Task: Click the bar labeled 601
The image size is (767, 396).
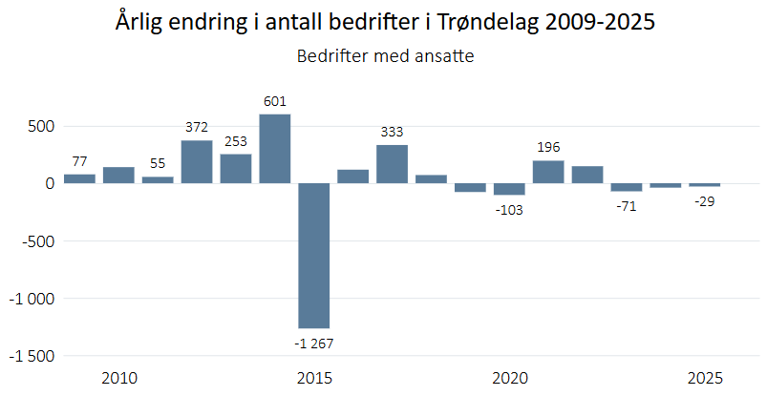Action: pos(274,149)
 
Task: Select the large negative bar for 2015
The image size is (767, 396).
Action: pos(313,256)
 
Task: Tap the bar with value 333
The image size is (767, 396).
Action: pos(392,164)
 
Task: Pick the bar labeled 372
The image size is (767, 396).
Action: pos(197,162)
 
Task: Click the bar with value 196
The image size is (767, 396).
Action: pos(548,172)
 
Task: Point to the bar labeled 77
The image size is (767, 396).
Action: pos(79,178)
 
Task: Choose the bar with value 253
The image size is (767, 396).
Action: pos(236,169)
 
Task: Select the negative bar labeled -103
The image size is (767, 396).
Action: pos(509,189)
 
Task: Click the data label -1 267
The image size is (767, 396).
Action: pos(313,343)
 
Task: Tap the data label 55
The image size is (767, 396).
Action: pos(158,163)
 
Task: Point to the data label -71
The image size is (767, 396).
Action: pos(627,205)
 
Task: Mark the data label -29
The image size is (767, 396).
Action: pos(705,200)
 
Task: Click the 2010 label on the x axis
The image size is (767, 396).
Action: pos(118,378)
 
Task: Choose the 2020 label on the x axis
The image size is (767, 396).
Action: pos(509,378)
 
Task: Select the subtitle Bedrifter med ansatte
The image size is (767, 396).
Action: pos(385,56)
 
